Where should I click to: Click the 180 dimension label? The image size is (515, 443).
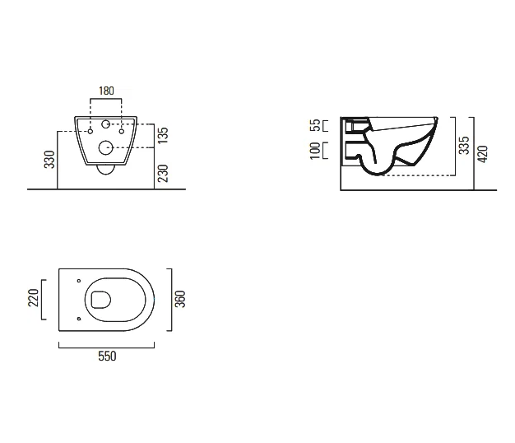coord(106,91)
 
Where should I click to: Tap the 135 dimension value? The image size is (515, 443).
coord(163,135)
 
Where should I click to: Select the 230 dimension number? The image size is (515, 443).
coord(163,173)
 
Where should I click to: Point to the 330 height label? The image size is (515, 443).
coord(49,160)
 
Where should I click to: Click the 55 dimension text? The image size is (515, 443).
coord(315,125)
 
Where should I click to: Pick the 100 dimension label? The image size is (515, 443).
coord(315,151)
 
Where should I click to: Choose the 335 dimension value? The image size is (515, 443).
coord(464,145)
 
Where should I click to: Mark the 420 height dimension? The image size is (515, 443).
coord(483,154)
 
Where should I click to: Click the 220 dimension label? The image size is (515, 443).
coord(34,298)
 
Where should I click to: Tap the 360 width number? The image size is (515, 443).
coord(180,299)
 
